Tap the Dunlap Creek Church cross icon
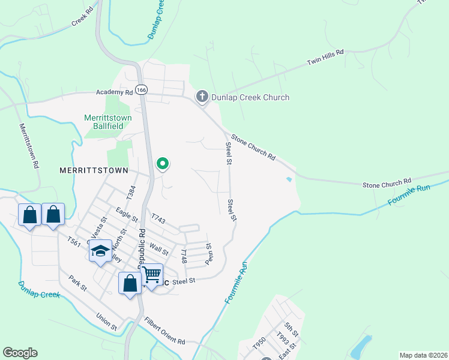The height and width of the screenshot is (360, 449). pos(202,97)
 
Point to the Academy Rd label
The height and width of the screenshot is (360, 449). pos(114,92)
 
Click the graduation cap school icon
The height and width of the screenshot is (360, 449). pos(101,250)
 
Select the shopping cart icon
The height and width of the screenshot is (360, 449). pos(152,275)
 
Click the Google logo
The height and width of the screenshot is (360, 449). pos(20,353)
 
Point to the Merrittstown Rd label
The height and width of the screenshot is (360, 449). pos(29,146)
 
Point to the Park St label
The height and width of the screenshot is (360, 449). pos(78,284)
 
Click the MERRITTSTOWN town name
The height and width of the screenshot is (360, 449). pos(94,170)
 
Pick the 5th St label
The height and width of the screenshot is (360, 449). pos(291,329)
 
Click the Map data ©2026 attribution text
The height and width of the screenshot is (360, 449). pos(424,355)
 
